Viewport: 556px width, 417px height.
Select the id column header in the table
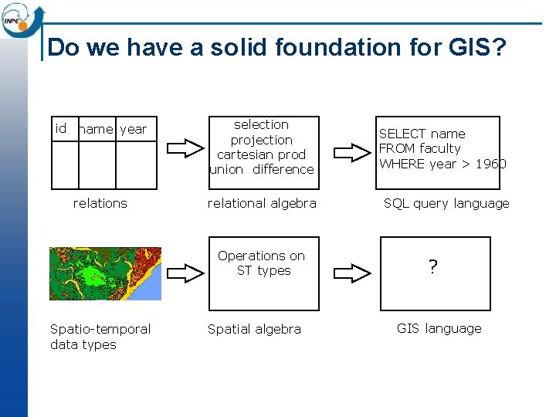pyautogui.click(x=61, y=128)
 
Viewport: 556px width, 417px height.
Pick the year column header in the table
pyautogui.click(x=133, y=129)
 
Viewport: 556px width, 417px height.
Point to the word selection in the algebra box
pyautogui.click(x=261, y=124)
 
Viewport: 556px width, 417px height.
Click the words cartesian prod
pyautogui.click(x=261, y=154)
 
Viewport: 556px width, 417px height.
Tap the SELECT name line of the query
pyautogui.click(x=422, y=134)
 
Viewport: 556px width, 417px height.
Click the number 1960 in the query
pyautogui.click(x=490, y=163)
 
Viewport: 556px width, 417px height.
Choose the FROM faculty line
pyautogui.click(x=419, y=148)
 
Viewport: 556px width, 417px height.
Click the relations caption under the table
pyautogui.click(x=100, y=203)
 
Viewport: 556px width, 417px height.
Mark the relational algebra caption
pyautogui.click(x=262, y=203)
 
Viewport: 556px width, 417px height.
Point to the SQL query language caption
pyautogui.click(x=446, y=204)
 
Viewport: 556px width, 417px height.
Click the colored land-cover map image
pyautogui.click(x=105, y=273)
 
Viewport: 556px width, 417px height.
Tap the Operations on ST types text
pyautogui.click(x=263, y=263)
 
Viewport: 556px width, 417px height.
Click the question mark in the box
pyautogui.click(x=433, y=268)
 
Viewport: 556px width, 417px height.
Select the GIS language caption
pyautogui.click(x=439, y=328)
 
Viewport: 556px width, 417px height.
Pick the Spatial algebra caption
pyautogui.click(x=254, y=329)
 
